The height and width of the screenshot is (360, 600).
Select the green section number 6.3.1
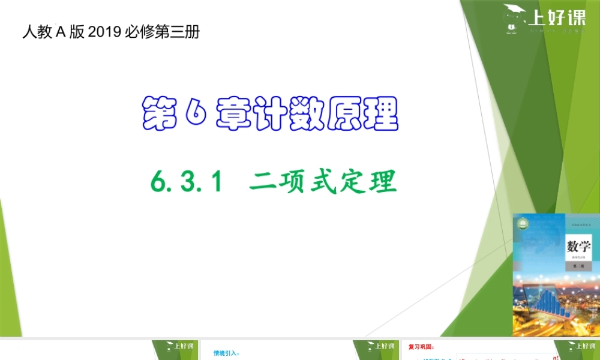187,181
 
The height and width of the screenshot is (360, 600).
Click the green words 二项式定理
323,181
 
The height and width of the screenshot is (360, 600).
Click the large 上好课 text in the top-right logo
556,18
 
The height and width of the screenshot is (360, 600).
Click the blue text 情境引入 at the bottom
226,353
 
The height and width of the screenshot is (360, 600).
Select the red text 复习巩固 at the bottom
421,347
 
